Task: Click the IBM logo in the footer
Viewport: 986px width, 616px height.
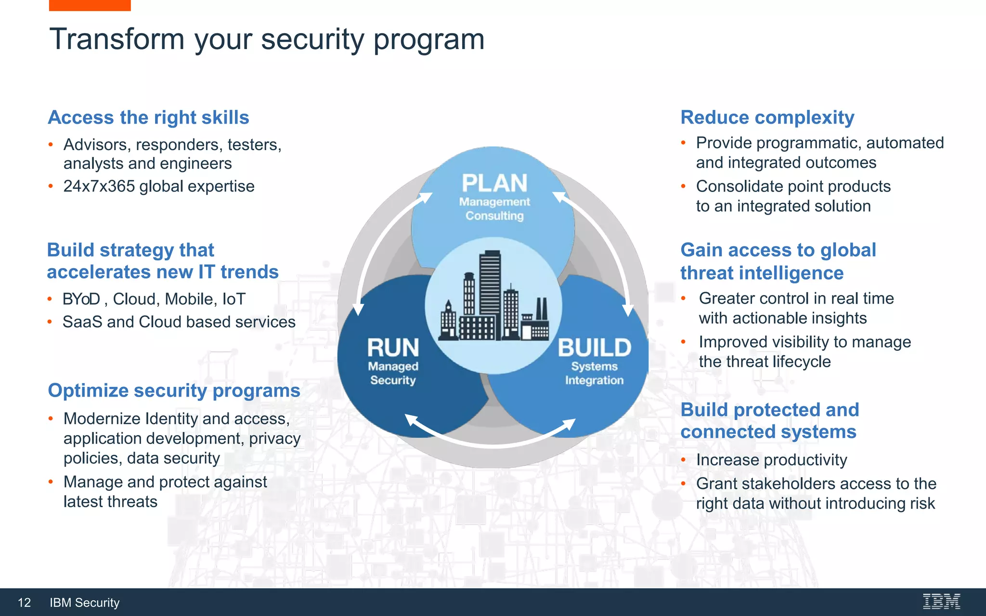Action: click(941, 602)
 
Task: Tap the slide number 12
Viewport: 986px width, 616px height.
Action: click(24, 603)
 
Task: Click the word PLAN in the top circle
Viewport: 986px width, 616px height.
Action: click(494, 183)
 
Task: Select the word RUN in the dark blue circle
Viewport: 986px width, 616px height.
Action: click(393, 347)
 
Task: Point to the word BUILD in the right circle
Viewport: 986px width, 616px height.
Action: click(594, 347)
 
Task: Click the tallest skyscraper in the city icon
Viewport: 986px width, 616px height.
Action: click(490, 284)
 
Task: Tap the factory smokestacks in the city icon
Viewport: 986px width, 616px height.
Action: click(541, 308)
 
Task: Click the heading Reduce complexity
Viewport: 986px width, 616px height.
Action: click(767, 117)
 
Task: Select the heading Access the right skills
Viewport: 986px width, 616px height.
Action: click(148, 117)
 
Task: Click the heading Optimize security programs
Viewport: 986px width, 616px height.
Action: click(174, 390)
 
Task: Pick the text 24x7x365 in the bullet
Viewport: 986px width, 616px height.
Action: click(99, 186)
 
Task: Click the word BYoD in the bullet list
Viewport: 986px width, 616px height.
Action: click(81, 299)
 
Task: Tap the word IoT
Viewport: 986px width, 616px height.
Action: click(234, 299)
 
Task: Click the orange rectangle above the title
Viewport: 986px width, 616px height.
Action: click(90, 5)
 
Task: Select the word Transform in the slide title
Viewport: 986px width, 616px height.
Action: click(117, 39)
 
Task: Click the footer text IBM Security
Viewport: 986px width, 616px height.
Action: click(84, 603)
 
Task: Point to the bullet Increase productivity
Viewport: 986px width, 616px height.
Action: click(771, 460)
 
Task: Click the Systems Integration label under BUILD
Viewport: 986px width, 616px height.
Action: click(594, 373)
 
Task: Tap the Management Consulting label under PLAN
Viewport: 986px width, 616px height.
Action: click(494, 209)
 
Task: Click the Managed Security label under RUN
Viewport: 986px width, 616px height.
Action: click(393, 373)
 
